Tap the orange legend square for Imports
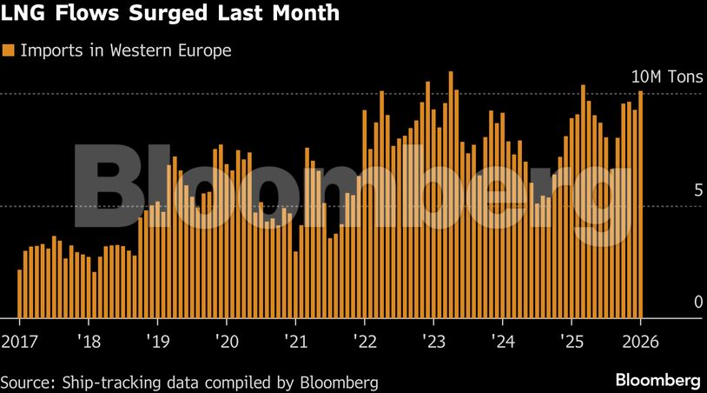click(x=9, y=50)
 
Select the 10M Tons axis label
click(x=665, y=77)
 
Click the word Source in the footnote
click(x=25, y=381)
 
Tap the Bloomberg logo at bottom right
click(x=658, y=380)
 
